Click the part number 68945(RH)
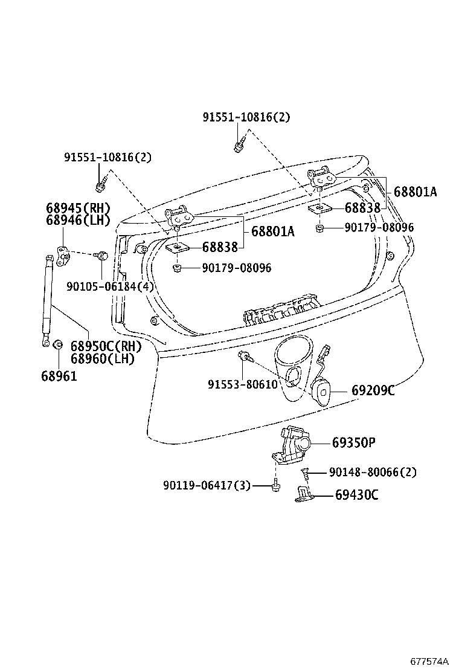click(79, 207)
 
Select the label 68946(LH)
click(79, 219)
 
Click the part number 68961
click(59, 375)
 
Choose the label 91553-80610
click(242, 384)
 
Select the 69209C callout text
click(373, 391)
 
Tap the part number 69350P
click(353, 443)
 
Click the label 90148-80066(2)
click(373, 472)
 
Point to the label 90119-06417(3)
click(207, 485)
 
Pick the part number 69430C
click(356, 496)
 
